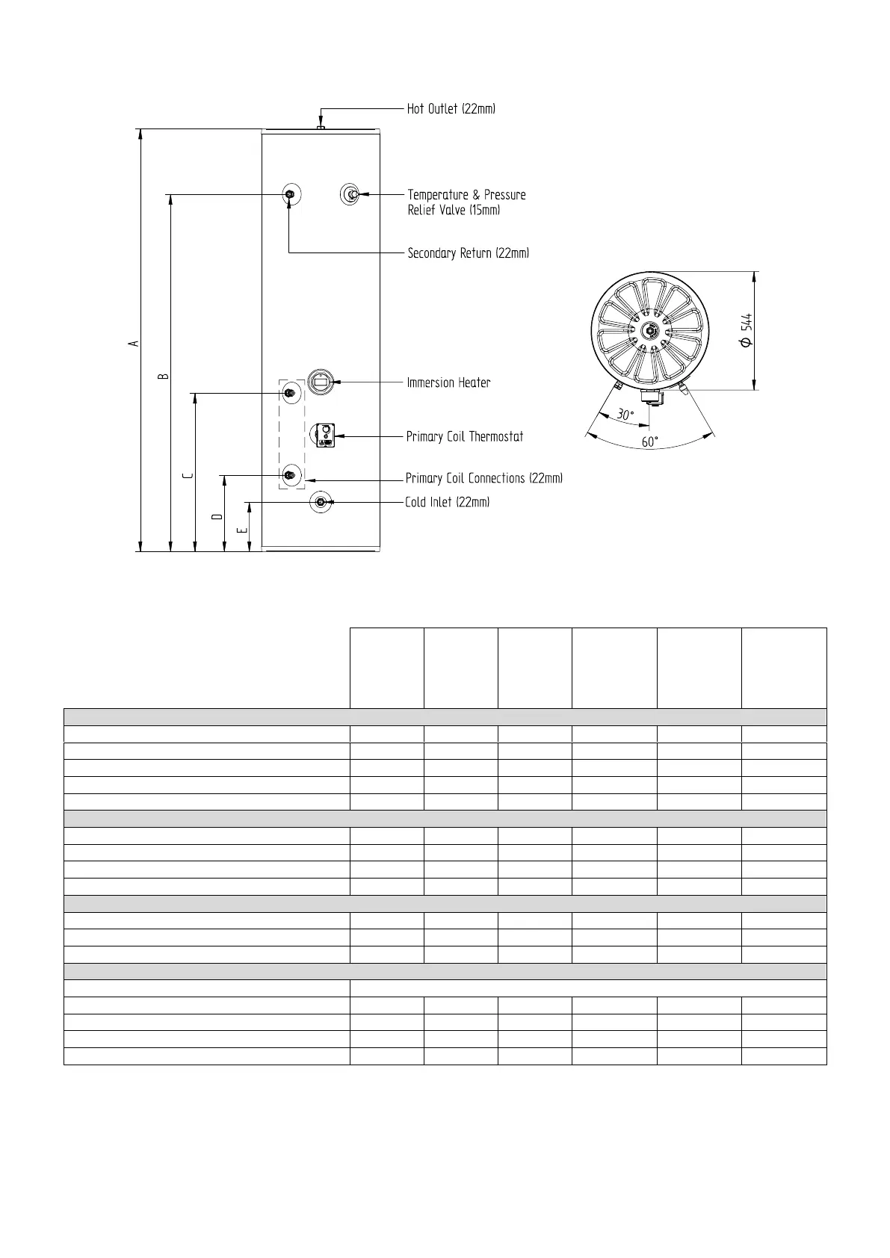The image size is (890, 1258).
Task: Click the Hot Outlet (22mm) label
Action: pyautogui.click(x=451, y=109)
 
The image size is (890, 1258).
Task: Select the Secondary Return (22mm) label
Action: pyautogui.click(x=468, y=253)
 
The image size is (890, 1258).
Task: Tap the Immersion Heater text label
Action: pyautogui.click(x=448, y=382)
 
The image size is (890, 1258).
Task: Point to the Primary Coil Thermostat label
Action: pyautogui.click(x=464, y=436)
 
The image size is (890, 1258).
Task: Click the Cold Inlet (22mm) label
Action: pyautogui.click(x=447, y=502)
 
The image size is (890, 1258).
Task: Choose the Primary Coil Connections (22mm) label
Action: pyautogui.click(x=483, y=478)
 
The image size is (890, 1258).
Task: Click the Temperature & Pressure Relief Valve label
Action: pyautogui.click(x=466, y=202)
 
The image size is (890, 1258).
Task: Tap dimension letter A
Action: pyautogui.click(x=134, y=343)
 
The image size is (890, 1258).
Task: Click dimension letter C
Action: pyautogui.click(x=188, y=475)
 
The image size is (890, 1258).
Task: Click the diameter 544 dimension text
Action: pyautogui.click(x=745, y=330)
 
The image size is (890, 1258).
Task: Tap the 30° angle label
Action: pyautogui.click(x=625, y=415)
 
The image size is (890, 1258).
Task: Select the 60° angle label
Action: pyautogui.click(x=650, y=441)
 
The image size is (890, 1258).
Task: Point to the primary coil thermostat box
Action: pyautogui.click(x=324, y=435)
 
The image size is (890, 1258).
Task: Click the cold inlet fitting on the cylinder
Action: pyautogui.click(x=321, y=502)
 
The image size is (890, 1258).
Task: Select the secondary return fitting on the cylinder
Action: pyautogui.click(x=290, y=195)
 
